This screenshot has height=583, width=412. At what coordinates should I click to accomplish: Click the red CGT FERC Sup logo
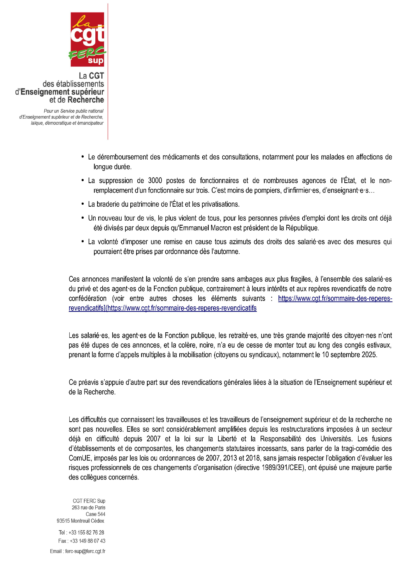coord(87,39)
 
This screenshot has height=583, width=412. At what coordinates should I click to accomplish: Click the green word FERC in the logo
coord(87,53)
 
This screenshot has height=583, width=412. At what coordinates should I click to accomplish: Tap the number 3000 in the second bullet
coord(155,181)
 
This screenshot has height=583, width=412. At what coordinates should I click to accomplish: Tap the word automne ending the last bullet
coord(227,252)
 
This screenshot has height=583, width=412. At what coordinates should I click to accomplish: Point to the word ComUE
coord(80,458)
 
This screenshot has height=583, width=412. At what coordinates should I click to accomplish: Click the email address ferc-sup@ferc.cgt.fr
coord(85,551)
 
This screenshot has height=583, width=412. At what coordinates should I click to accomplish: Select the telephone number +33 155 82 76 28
coord(86,533)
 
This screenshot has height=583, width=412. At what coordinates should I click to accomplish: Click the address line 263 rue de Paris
coord(88,508)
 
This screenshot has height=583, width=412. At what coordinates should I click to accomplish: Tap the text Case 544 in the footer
coord(95,514)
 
